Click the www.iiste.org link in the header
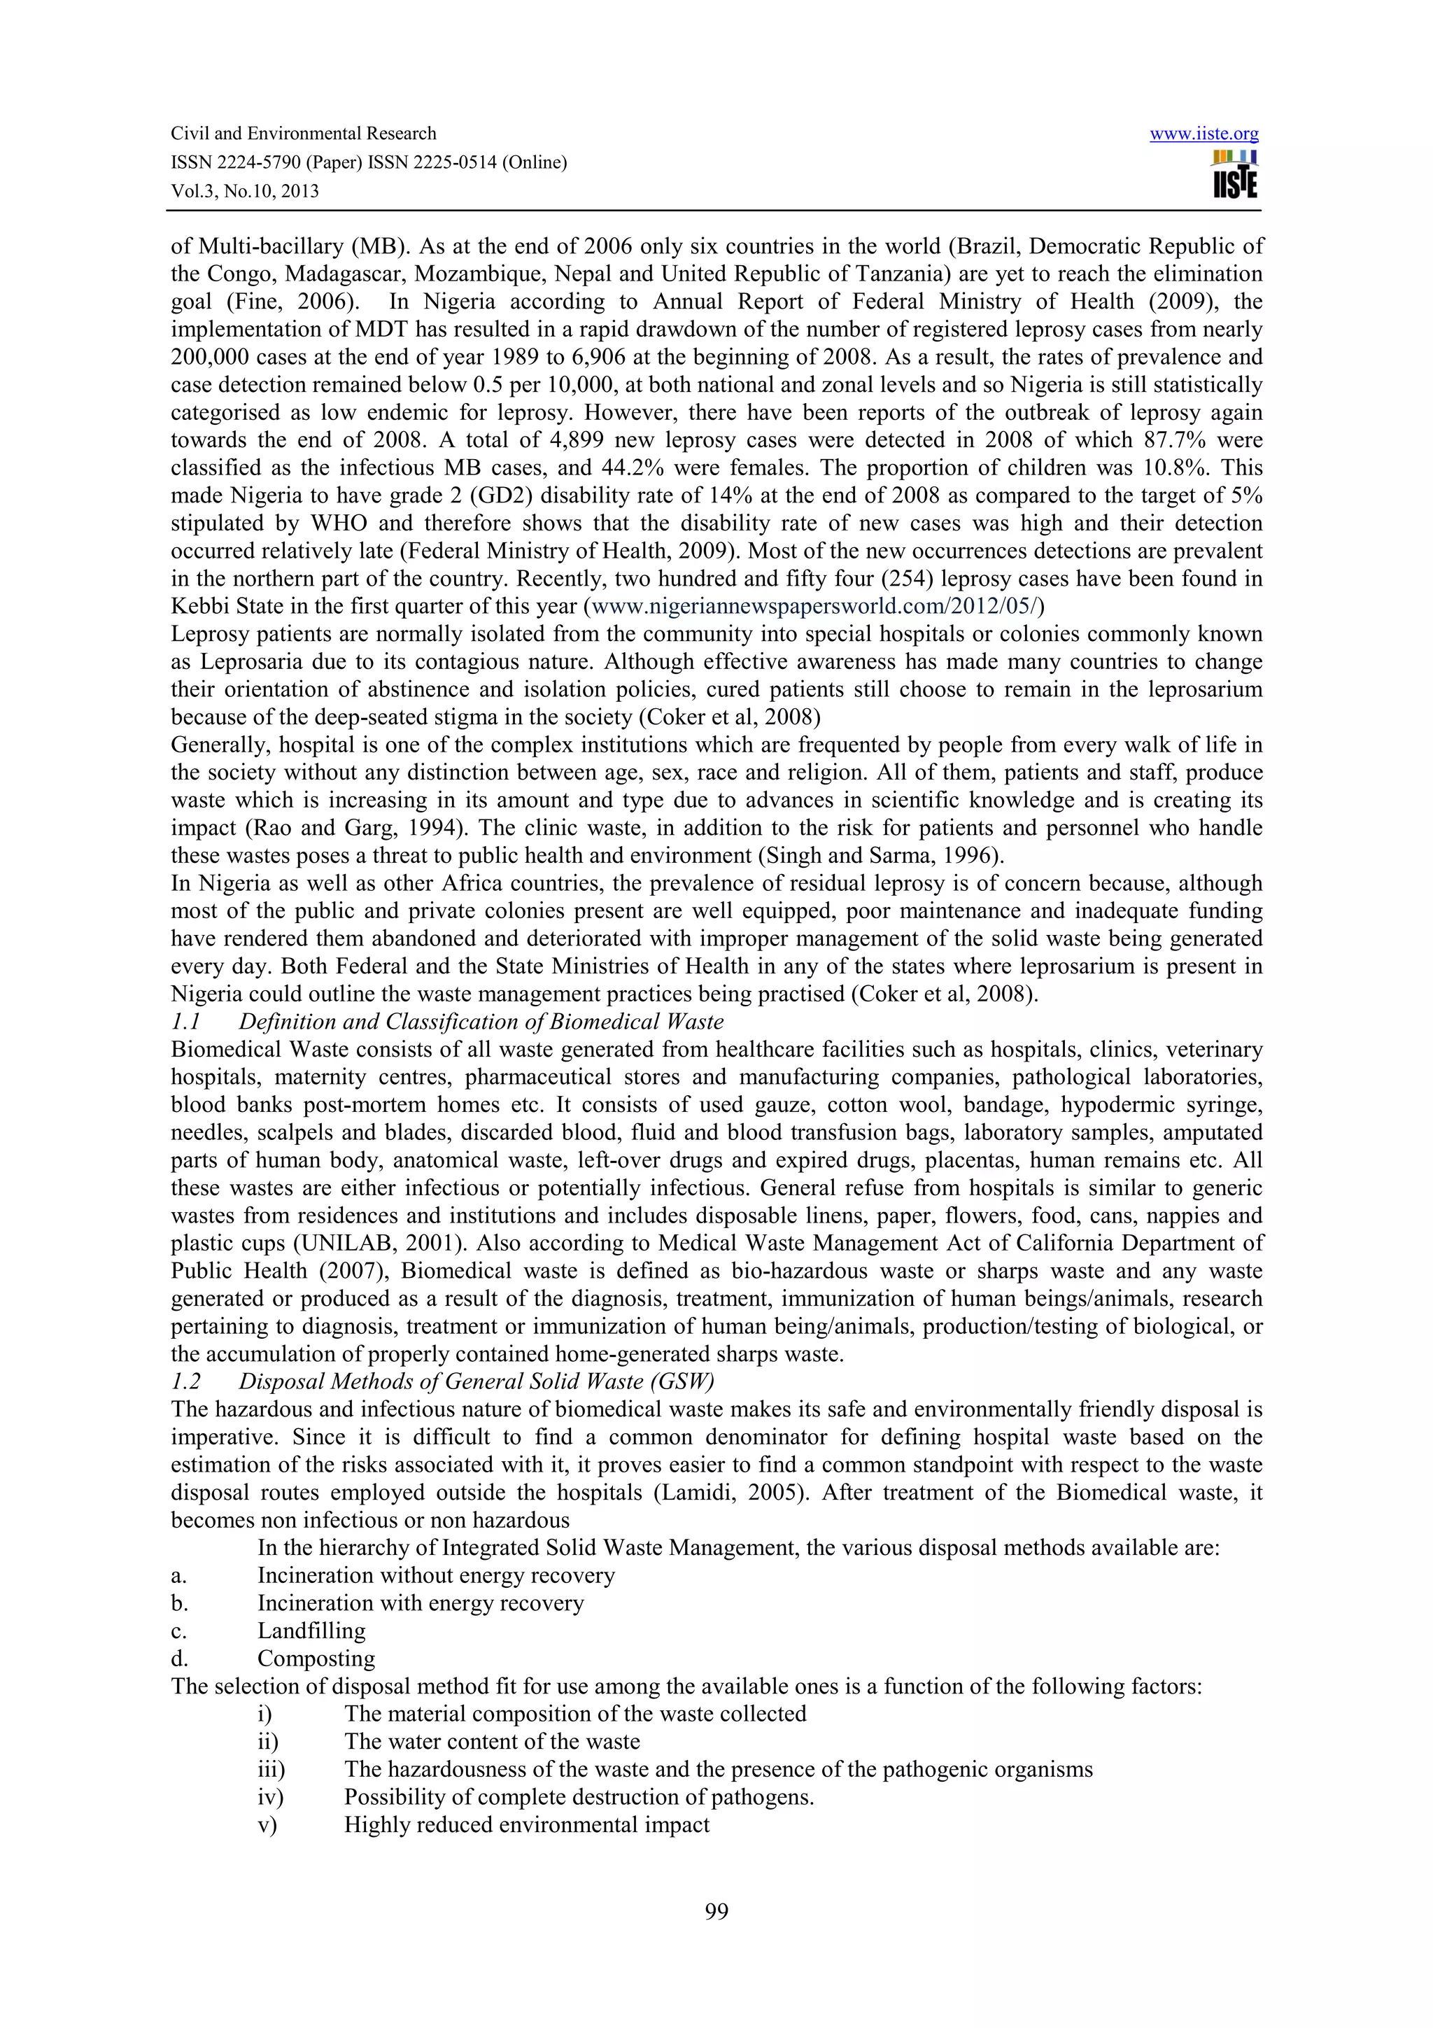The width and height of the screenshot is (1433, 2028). click(x=1203, y=134)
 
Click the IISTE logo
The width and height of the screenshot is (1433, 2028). click(x=1235, y=175)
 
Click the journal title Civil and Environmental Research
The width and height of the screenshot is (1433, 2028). click(x=303, y=134)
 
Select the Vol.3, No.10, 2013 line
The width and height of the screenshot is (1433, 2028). click(x=245, y=191)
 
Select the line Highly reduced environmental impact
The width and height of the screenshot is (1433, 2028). click(x=526, y=1825)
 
